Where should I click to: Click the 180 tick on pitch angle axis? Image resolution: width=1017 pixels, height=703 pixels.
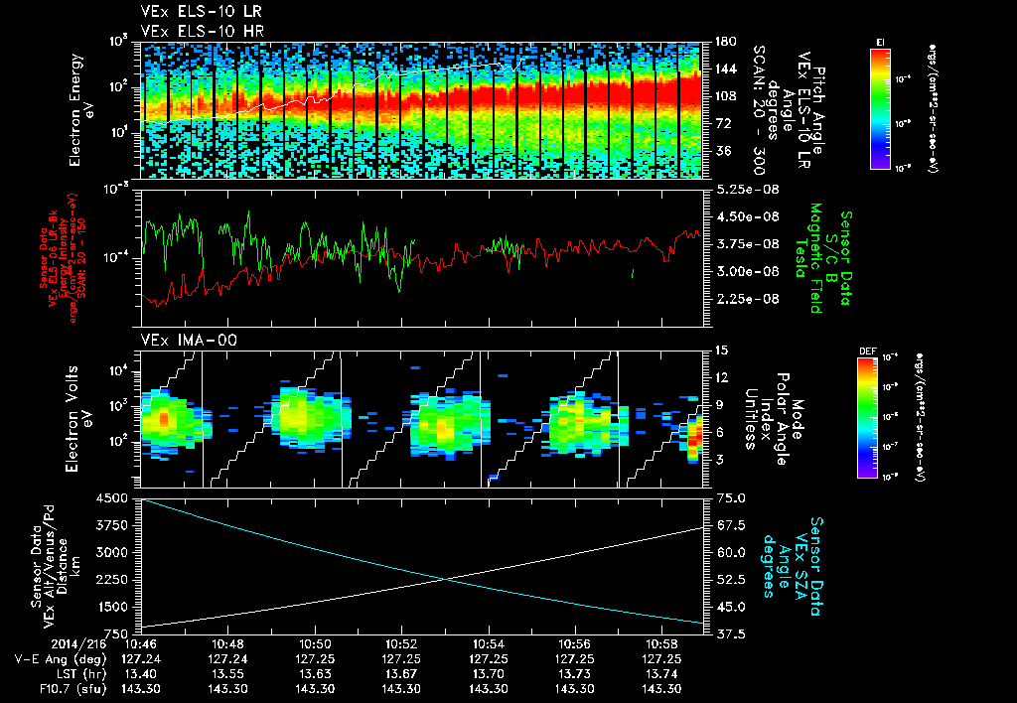click(x=724, y=42)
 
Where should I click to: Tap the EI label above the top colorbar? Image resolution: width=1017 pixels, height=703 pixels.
click(x=880, y=42)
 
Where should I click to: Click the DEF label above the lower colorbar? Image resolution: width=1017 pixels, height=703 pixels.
click(x=866, y=351)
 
